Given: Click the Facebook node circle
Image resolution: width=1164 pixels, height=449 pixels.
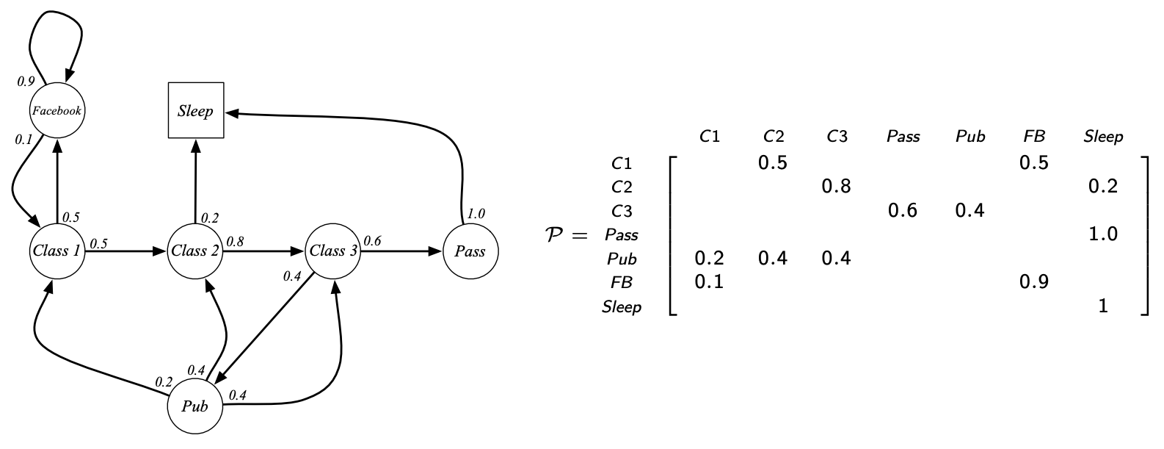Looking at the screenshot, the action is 57,111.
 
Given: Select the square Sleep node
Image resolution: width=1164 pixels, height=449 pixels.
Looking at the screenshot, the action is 195,111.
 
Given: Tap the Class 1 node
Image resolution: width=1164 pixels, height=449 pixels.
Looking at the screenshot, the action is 57,251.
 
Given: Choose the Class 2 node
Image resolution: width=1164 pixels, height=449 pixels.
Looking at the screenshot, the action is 195,251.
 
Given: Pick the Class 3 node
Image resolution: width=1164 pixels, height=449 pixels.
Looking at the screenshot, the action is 333,251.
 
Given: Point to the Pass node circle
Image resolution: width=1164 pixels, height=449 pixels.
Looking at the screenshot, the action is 470,251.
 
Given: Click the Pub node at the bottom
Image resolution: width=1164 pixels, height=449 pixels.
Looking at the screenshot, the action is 195,406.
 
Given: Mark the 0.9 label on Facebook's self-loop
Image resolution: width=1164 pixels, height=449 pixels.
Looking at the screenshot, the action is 26,82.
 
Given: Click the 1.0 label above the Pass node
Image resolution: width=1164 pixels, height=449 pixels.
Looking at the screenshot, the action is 476,214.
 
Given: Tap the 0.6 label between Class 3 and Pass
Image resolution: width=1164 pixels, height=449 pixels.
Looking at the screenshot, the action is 372,241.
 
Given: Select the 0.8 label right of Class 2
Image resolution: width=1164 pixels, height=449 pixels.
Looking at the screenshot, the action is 235,241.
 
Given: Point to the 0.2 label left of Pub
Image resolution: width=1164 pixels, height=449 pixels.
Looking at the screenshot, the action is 163,382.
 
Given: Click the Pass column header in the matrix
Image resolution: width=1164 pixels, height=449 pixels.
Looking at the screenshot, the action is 903,137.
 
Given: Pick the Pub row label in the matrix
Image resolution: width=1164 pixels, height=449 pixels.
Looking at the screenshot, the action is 622,259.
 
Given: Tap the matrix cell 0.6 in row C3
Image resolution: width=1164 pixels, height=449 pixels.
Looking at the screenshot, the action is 903,211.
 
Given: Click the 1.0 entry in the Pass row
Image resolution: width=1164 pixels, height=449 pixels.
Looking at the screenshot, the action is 1103,234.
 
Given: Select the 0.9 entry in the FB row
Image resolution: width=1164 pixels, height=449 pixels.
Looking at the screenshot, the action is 1033,281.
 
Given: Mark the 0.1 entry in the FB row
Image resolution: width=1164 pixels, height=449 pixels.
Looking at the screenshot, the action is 709,281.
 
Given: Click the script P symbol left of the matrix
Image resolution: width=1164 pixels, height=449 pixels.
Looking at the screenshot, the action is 556,236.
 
